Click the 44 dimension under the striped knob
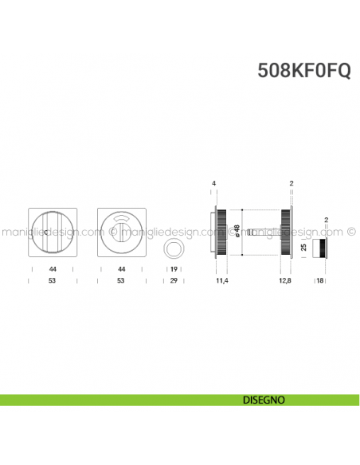point(52,269)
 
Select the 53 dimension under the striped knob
point(52,281)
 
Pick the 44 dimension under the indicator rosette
point(121,269)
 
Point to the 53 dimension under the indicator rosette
point(121,281)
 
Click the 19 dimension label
point(173,269)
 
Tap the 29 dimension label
point(173,281)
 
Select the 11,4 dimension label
point(222,281)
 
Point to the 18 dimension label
point(319,281)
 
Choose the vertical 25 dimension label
point(303,247)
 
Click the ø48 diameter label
point(237,232)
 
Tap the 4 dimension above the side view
point(214,184)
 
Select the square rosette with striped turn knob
point(52,232)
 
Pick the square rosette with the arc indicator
point(121,232)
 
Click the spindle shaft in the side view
point(263,233)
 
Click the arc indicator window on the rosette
point(121,220)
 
